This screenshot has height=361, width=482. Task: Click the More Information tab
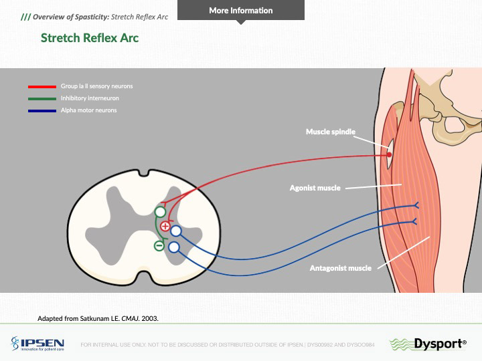pyautogui.click(x=240, y=11)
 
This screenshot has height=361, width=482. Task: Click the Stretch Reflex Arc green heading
pyautogui.click(x=90, y=37)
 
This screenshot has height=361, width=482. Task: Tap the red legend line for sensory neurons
pyautogui.click(x=42, y=87)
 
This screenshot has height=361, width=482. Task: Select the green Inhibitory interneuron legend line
pyautogui.click(x=42, y=98)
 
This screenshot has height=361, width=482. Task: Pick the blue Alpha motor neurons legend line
pyautogui.click(x=42, y=110)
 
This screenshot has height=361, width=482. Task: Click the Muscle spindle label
pyautogui.click(x=330, y=132)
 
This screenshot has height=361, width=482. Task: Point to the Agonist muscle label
pyautogui.click(x=314, y=188)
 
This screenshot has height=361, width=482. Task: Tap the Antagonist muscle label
pyautogui.click(x=340, y=268)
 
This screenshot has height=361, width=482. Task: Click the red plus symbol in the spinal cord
pyautogui.click(x=165, y=226)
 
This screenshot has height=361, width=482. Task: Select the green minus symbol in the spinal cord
pyautogui.click(x=159, y=245)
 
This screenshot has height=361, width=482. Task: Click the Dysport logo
pyautogui.click(x=428, y=344)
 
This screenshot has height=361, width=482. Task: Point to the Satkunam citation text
pyautogui.click(x=98, y=318)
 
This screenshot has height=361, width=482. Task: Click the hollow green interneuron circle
pyautogui.click(x=161, y=212)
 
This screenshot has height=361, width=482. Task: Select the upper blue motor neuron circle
pyautogui.click(x=176, y=231)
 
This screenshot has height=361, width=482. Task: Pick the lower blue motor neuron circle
pyautogui.click(x=174, y=247)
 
